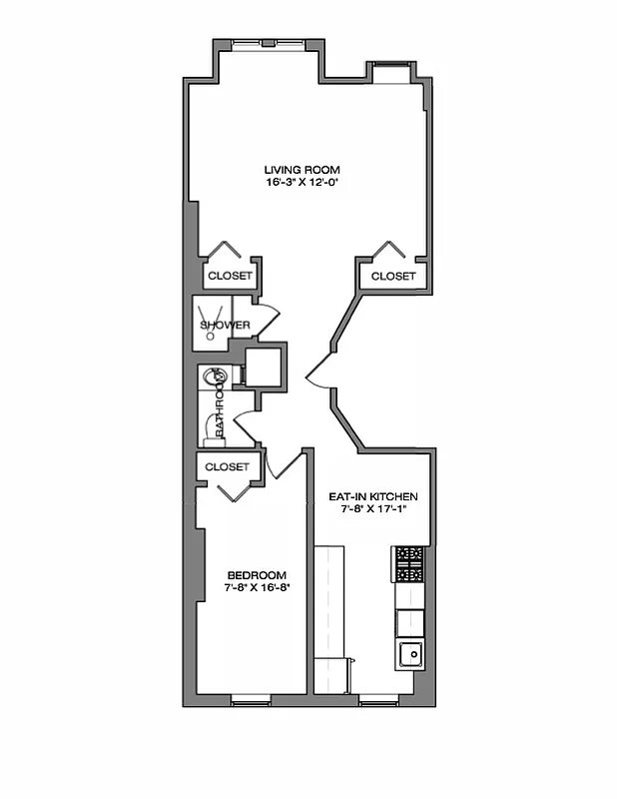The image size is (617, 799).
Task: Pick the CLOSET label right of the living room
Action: [393, 276]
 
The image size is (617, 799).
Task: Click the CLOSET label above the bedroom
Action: [227, 466]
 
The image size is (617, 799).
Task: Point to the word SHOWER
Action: [225, 326]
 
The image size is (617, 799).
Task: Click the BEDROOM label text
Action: [257, 575]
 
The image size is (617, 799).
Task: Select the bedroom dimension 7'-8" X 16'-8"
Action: [257, 589]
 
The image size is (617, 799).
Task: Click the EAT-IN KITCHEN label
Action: [373, 496]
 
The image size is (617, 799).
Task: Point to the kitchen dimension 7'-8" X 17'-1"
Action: [373, 510]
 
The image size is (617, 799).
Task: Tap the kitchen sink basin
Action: [410, 655]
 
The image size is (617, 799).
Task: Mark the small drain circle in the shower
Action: [211, 337]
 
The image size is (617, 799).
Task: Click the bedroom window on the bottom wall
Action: [251, 701]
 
